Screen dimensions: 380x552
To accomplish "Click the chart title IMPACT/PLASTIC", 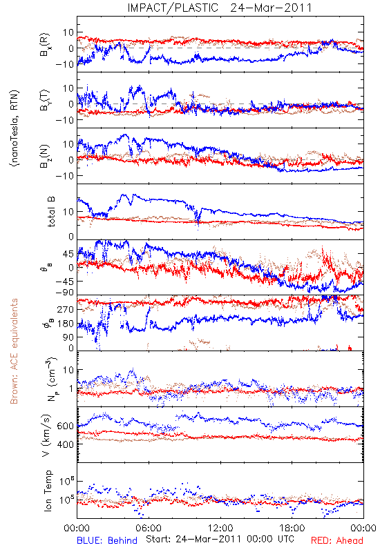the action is click(173, 8).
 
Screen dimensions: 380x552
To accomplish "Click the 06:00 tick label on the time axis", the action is click(149, 528).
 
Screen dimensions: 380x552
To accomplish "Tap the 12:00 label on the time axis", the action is click(220, 528).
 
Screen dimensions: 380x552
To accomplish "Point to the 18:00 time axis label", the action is click(292, 528).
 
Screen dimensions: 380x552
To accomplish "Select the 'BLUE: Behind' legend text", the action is click(107, 540).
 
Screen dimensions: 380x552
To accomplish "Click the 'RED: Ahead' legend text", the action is click(337, 540).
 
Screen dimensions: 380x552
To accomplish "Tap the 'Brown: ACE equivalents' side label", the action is click(14, 351).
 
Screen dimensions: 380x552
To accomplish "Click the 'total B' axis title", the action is click(51, 212).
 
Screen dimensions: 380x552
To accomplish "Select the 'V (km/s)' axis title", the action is click(46, 435).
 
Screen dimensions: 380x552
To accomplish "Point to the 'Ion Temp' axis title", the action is click(48, 491).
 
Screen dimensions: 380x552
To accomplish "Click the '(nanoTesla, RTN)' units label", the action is click(14, 128).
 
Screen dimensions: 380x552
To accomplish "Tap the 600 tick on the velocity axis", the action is click(66, 426).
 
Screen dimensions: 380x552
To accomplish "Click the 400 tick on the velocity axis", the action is click(66, 444).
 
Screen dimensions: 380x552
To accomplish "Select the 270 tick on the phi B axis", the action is click(66, 310).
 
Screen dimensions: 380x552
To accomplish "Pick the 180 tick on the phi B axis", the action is click(66, 324).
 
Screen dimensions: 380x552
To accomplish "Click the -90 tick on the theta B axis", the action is click(64, 293).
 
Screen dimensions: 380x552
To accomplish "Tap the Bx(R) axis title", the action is click(45, 44).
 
